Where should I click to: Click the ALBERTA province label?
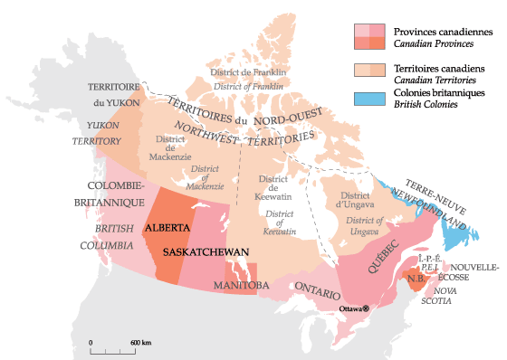[167, 228]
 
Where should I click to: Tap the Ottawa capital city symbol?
[366, 308]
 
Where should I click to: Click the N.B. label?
[417, 279]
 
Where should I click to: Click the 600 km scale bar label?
[139, 343]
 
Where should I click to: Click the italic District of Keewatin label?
[282, 223]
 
